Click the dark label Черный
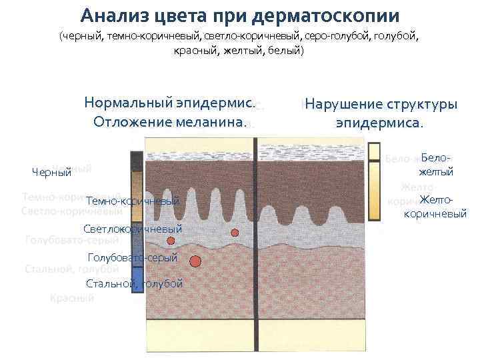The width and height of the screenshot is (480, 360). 51,173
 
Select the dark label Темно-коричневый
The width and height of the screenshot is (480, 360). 133,201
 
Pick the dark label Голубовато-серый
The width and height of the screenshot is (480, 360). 133,257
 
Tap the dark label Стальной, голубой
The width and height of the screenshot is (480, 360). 134,283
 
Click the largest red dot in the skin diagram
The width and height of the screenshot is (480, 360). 195,261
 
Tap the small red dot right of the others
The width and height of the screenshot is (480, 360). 235,232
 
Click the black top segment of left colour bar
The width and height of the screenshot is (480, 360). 137,161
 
